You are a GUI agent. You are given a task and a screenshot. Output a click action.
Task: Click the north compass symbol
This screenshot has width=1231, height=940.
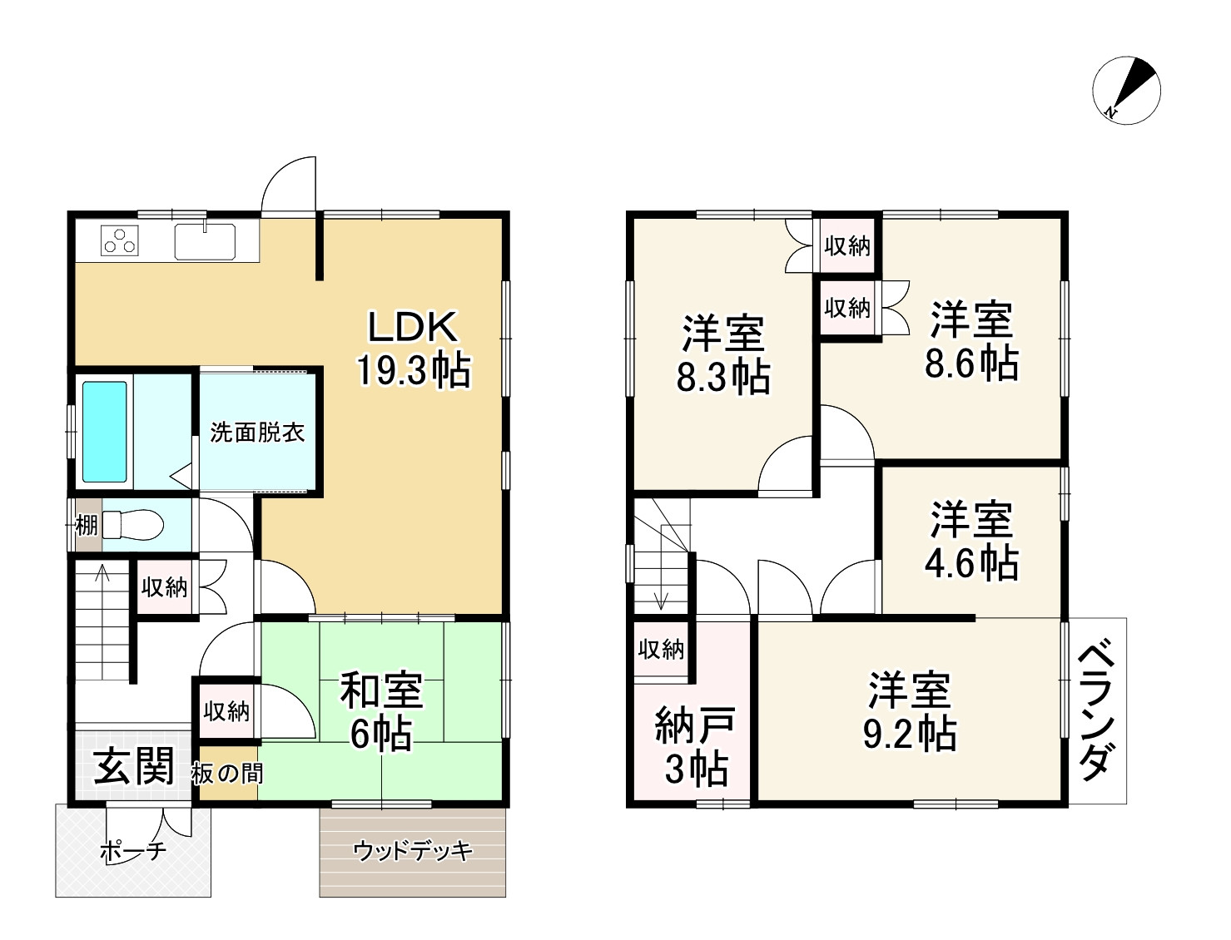(1126, 91)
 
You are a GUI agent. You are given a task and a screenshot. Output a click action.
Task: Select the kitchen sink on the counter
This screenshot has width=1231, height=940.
(205, 241)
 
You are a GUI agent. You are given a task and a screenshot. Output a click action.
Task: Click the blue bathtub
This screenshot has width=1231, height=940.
(105, 432)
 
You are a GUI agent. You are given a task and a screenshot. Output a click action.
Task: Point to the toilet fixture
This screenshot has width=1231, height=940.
(132, 525)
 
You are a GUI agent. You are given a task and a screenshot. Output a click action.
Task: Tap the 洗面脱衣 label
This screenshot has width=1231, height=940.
(257, 432)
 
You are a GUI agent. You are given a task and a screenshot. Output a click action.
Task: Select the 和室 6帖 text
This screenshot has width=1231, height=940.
(381, 712)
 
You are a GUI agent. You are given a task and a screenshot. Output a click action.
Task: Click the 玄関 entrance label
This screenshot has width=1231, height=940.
(133, 765)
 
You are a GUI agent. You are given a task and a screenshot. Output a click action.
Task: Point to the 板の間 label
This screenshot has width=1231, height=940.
(227, 774)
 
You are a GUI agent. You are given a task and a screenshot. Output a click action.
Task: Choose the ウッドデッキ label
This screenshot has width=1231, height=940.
(413, 851)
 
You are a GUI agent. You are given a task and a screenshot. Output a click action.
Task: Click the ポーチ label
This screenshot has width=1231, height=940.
(133, 851)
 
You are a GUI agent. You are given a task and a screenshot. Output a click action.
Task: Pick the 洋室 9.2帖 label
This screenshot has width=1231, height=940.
(910, 711)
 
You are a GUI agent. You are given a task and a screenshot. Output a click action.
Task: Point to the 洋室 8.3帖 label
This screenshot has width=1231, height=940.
(722, 354)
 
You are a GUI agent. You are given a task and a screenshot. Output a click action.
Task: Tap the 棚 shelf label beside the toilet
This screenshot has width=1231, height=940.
(87, 526)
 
